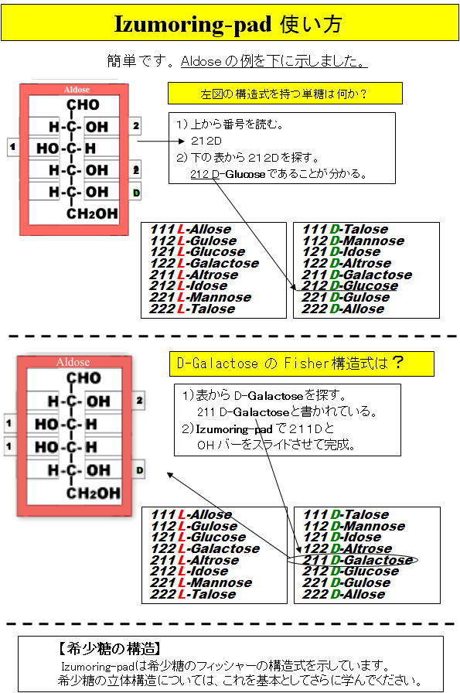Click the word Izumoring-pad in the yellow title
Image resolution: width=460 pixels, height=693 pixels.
[x=193, y=24]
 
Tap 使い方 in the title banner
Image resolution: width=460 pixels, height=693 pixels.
[x=311, y=24]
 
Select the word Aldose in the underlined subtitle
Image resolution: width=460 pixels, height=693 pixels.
[x=200, y=61]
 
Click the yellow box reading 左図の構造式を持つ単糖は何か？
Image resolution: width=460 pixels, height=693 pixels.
[x=285, y=94]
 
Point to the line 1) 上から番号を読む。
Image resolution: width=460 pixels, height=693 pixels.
[x=230, y=125]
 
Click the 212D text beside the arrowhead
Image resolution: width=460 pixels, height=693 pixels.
[x=206, y=141]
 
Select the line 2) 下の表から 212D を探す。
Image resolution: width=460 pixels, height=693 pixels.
[x=247, y=157]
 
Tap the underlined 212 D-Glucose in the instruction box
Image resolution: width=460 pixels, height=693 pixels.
[x=227, y=174]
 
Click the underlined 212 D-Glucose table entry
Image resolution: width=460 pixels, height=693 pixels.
[x=349, y=286]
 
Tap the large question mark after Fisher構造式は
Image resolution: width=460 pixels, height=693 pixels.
[x=397, y=363]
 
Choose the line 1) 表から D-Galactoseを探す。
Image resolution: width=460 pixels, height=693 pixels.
[x=264, y=395]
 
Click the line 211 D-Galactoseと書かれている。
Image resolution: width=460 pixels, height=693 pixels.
[x=287, y=412]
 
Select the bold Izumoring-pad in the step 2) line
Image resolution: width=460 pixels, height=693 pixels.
[x=233, y=429]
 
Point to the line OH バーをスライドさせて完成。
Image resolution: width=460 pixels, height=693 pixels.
[x=277, y=445]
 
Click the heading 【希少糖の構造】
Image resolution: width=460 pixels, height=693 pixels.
[x=109, y=649]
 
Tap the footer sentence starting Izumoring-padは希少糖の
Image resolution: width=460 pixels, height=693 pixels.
[x=225, y=666]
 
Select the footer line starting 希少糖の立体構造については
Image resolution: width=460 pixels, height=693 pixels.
[x=239, y=680]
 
